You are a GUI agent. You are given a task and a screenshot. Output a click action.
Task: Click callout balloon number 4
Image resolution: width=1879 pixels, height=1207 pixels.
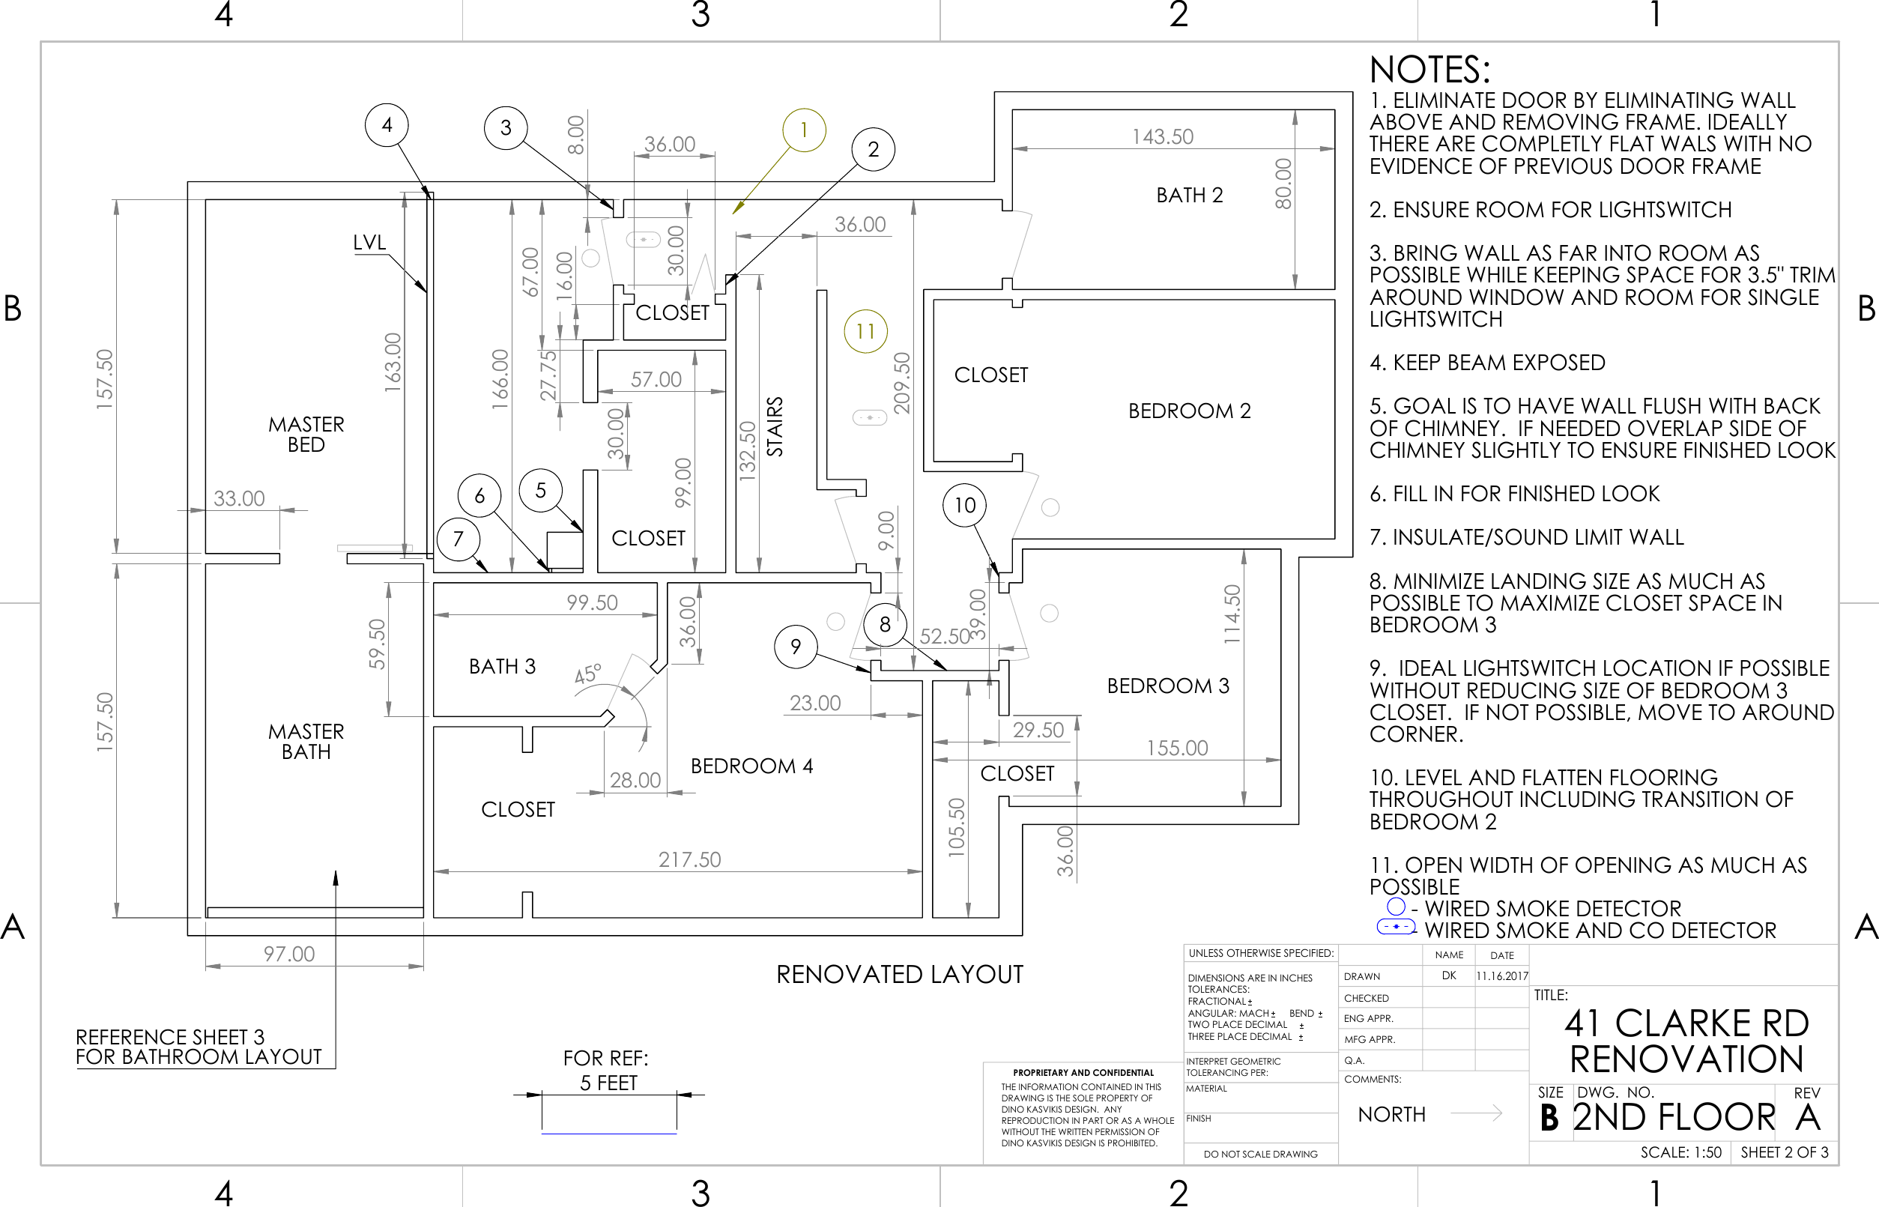(x=387, y=124)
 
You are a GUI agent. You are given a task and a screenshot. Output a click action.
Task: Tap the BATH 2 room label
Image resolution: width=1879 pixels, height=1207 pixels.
(x=1189, y=195)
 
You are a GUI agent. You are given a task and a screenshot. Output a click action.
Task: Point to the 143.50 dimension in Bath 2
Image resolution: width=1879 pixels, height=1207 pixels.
(x=1162, y=136)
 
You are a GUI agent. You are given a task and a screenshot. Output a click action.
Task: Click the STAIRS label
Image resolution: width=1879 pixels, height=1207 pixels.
(x=774, y=426)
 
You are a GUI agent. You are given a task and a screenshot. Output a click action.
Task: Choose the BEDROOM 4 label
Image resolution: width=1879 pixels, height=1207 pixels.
(x=751, y=766)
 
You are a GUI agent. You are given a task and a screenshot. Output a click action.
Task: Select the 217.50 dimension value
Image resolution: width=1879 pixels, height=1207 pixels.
(x=689, y=860)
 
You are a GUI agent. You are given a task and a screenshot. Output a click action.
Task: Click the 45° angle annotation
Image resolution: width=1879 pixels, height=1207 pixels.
(x=587, y=674)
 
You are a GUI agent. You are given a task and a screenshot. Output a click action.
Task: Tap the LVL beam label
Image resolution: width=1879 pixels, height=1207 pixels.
(x=369, y=242)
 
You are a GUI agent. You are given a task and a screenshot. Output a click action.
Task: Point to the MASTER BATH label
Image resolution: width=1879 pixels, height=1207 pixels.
(x=306, y=742)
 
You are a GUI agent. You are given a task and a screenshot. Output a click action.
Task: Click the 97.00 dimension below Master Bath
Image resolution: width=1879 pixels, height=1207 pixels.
(x=288, y=954)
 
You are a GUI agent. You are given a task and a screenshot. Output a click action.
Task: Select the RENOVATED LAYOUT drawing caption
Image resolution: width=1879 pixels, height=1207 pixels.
(x=899, y=974)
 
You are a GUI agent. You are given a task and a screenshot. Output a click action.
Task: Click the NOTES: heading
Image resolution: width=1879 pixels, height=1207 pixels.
(x=1429, y=70)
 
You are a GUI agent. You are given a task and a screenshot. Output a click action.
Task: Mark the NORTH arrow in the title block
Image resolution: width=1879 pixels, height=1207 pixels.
(x=1476, y=1113)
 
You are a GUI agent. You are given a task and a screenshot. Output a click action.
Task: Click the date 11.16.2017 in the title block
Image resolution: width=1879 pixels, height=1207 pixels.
(x=1501, y=976)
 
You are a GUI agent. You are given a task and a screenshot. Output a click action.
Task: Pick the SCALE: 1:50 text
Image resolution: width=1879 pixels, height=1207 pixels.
(x=1680, y=1152)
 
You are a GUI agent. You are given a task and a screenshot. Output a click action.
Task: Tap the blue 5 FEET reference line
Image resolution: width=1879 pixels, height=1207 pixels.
(x=608, y=1134)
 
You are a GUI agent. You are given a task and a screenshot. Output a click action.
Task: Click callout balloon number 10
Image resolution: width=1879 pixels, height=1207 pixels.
(x=963, y=505)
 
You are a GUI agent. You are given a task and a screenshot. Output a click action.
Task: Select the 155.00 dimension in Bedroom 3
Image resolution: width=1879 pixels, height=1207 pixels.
(x=1176, y=748)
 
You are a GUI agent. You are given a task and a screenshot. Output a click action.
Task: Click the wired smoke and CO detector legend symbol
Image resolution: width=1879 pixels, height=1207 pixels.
(x=1396, y=928)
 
